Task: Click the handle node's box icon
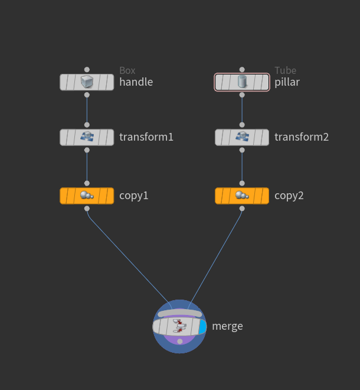point(87,82)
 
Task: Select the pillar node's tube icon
point(242,82)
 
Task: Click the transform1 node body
point(87,137)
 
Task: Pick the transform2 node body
point(242,137)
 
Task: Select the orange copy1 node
point(87,196)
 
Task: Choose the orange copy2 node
point(242,196)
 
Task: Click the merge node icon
point(179,326)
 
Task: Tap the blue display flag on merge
point(203,327)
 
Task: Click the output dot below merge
point(179,342)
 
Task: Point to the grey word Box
point(127,71)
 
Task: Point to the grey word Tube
point(285,71)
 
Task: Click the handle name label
point(136,82)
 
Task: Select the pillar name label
point(287,82)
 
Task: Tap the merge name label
point(227,326)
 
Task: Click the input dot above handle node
point(87,69)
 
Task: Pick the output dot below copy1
point(87,209)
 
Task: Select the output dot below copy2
point(242,209)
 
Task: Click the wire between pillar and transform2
point(242,110)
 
